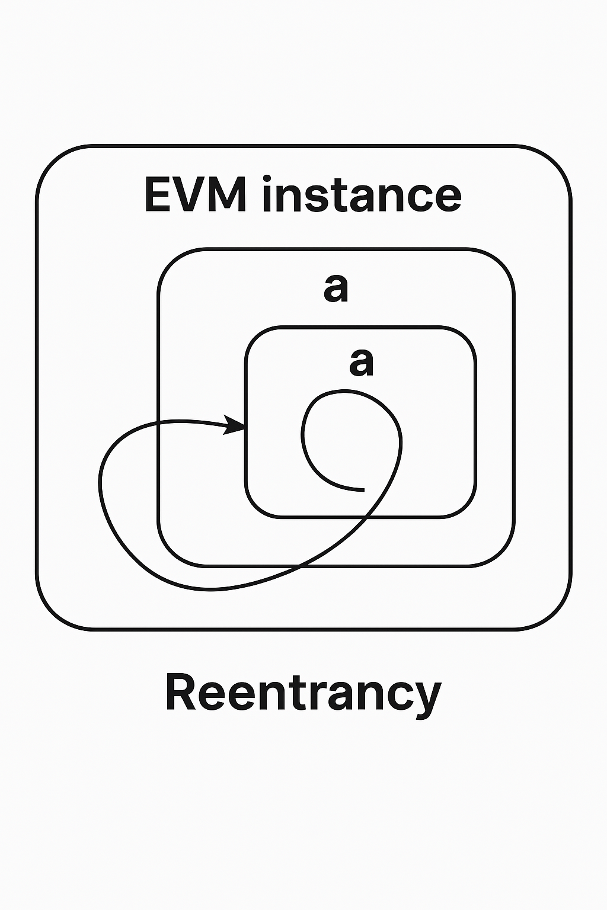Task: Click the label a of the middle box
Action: (x=336, y=289)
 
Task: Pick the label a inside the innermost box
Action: (x=362, y=362)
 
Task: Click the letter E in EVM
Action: (x=158, y=194)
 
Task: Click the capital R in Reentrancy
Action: (x=180, y=692)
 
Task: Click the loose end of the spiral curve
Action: (x=363, y=490)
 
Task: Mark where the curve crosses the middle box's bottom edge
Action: (x=304, y=566)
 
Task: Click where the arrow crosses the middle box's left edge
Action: (x=158, y=422)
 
